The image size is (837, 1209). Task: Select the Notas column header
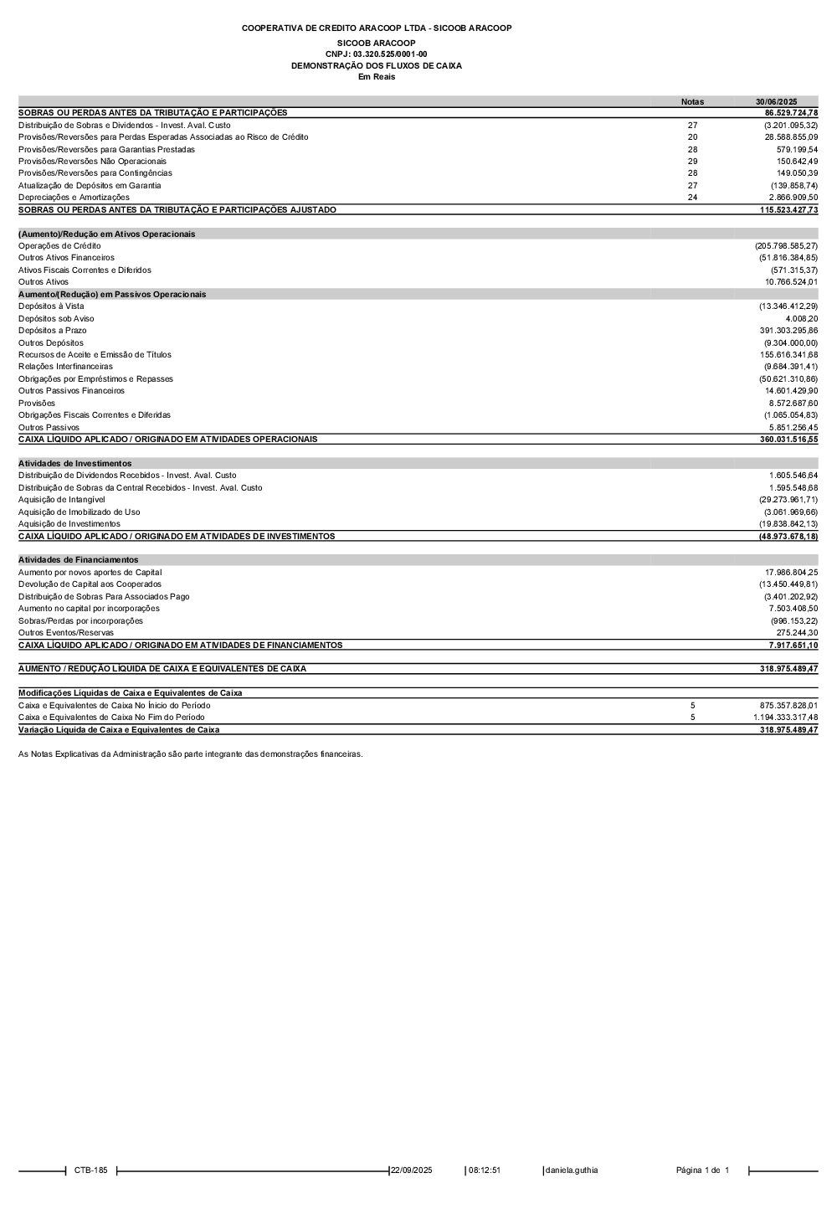click(x=692, y=101)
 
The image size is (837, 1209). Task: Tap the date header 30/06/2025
click(x=776, y=101)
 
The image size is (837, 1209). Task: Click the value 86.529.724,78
click(x=791, y=113)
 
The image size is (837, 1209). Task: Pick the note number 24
click(x=692, y=198)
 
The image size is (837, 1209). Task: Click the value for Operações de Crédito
click(x=786, y=246)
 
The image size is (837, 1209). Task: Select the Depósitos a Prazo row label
click(x=53, y=331)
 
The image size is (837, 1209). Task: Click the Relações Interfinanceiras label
click(x=65, y=367)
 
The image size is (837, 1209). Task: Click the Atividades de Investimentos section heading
click(x=74, y=463)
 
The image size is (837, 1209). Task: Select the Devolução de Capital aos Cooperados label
click(x=90, y=584)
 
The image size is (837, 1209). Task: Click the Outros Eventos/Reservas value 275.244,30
click(x=797, y=633)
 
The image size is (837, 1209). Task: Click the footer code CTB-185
click(x=90, y=1170)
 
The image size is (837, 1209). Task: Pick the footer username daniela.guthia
click(x=572, y=1170)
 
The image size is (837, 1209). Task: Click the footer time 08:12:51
click(x=485, y=1170)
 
